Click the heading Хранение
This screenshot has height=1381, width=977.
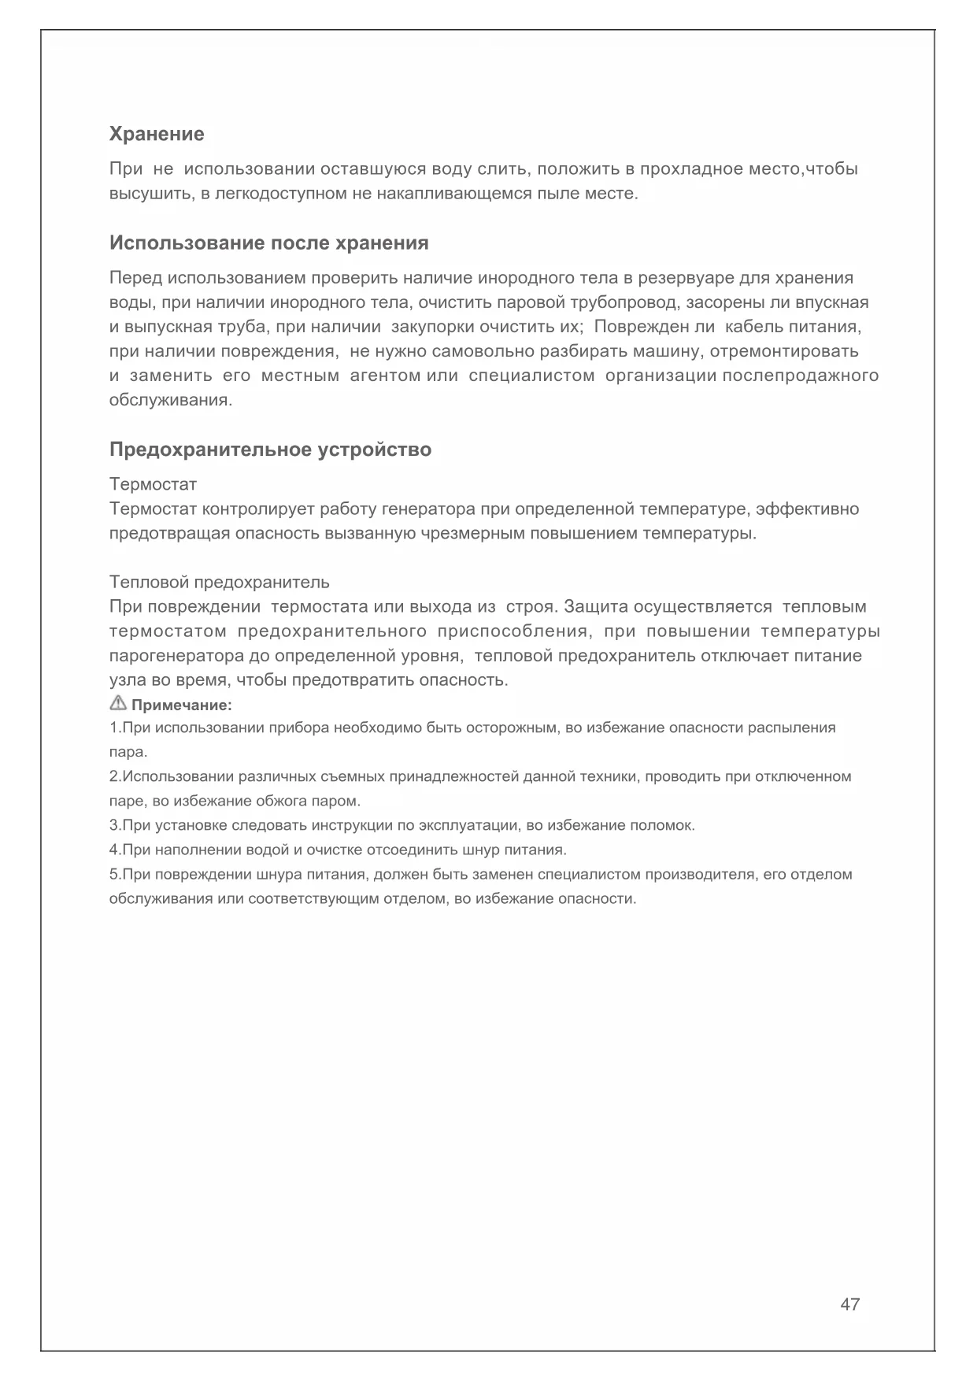click(x=157, y=134)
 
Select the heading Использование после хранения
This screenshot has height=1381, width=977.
click(x=269, y=243)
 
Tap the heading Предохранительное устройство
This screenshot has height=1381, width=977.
click(x=270, y=450)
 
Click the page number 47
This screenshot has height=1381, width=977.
click(x=850, y=1304)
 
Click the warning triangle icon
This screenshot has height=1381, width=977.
click(x=118, y=703)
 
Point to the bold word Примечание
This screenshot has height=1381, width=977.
click(x=181, y=705)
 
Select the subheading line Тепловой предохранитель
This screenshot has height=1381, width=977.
click(x=219, y=582)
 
